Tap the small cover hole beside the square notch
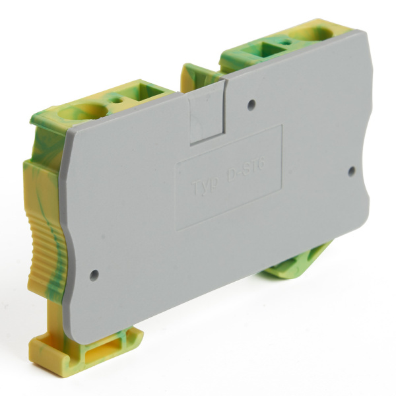(x=251, y=104)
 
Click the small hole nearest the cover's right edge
(x=351, y=170)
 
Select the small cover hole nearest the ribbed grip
(x=94, y=274)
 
